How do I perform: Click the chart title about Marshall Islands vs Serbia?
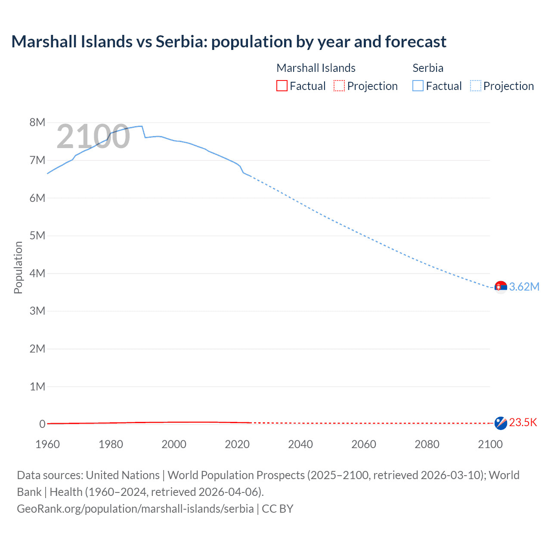[229, 42]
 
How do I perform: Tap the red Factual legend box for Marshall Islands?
[282, 86]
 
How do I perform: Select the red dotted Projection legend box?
[339, 86]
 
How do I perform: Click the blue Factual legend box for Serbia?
[418, 86]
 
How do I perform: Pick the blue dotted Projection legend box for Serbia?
[476, 86]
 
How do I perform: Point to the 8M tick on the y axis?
[37, 122]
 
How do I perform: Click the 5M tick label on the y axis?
[37, 235]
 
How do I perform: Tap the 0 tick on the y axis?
[42, 424]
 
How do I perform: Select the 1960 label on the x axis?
[47, 444]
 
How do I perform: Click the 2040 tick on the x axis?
[300, 444]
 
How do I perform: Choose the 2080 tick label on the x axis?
[427, 444]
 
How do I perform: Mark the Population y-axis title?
[18, 267]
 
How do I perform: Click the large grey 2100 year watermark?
[93, 136]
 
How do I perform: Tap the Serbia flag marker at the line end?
[501, 287]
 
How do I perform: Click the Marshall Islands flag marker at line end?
[501, 423]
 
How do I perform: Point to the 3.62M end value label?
[524, 287]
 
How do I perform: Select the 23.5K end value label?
[523, 422]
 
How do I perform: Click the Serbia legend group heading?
[428, 68]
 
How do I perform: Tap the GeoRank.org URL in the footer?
[135, 508]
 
